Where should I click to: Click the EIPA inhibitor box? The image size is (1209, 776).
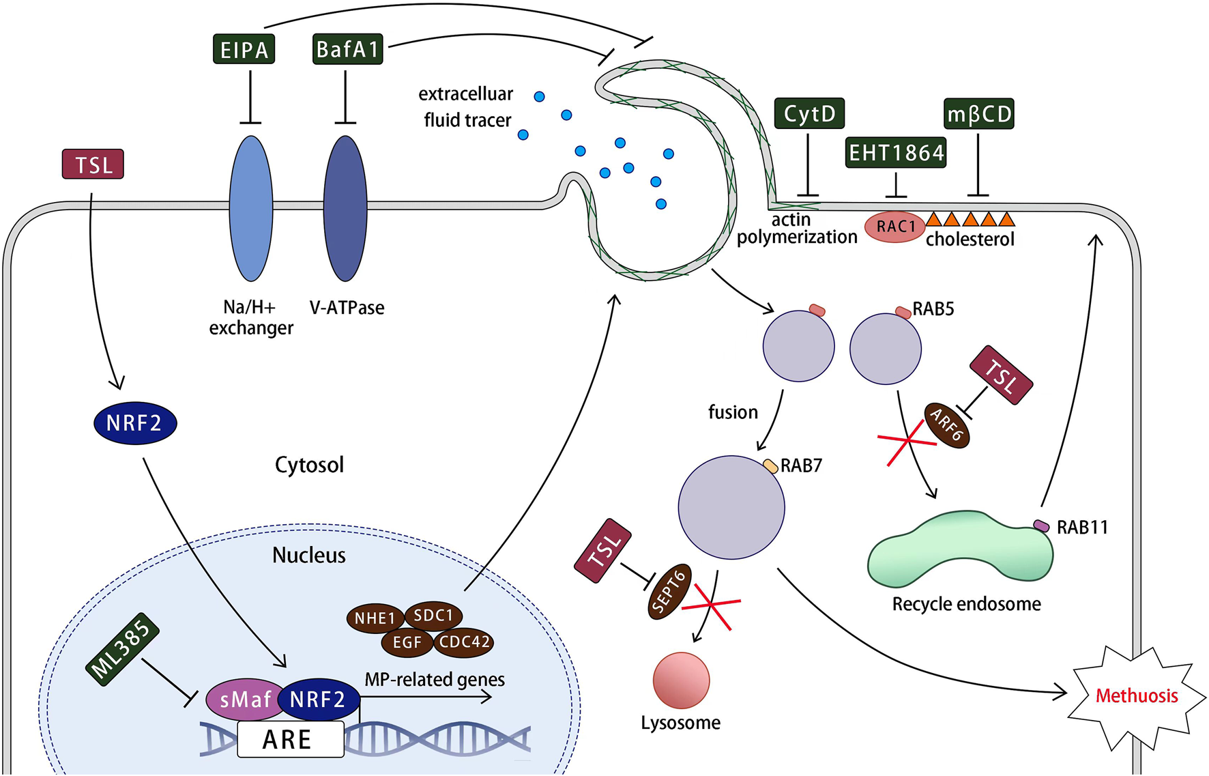point(244,49)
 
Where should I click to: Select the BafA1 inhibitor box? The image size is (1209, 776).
point(347,49)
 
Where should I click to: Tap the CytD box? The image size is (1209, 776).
point(809,113)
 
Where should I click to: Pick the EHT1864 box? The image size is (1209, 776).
point(896,152)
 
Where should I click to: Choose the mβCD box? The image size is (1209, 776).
point(979,114)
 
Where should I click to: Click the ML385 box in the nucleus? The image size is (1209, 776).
point(123,649)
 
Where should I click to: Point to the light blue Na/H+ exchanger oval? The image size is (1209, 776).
point(251,208)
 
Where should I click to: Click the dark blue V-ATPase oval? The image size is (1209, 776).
point(346,208)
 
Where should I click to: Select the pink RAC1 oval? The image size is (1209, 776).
point(894,227)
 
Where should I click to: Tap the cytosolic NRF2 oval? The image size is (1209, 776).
point(135,423)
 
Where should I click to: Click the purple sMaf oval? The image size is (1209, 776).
point(246,700)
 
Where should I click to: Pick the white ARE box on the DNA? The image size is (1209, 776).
point(290,740)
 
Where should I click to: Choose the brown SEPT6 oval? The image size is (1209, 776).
point(669,591)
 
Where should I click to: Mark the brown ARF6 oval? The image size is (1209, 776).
point(947,425)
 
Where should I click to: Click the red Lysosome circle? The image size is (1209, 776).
point(681,680)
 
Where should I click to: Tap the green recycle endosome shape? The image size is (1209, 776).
point(959,553)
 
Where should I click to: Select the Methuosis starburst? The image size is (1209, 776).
point(1136,696)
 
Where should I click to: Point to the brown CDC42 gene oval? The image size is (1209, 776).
point(464,642)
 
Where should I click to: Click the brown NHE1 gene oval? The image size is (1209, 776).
point(375,618)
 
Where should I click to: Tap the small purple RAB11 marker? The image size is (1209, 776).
point(1041,526)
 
